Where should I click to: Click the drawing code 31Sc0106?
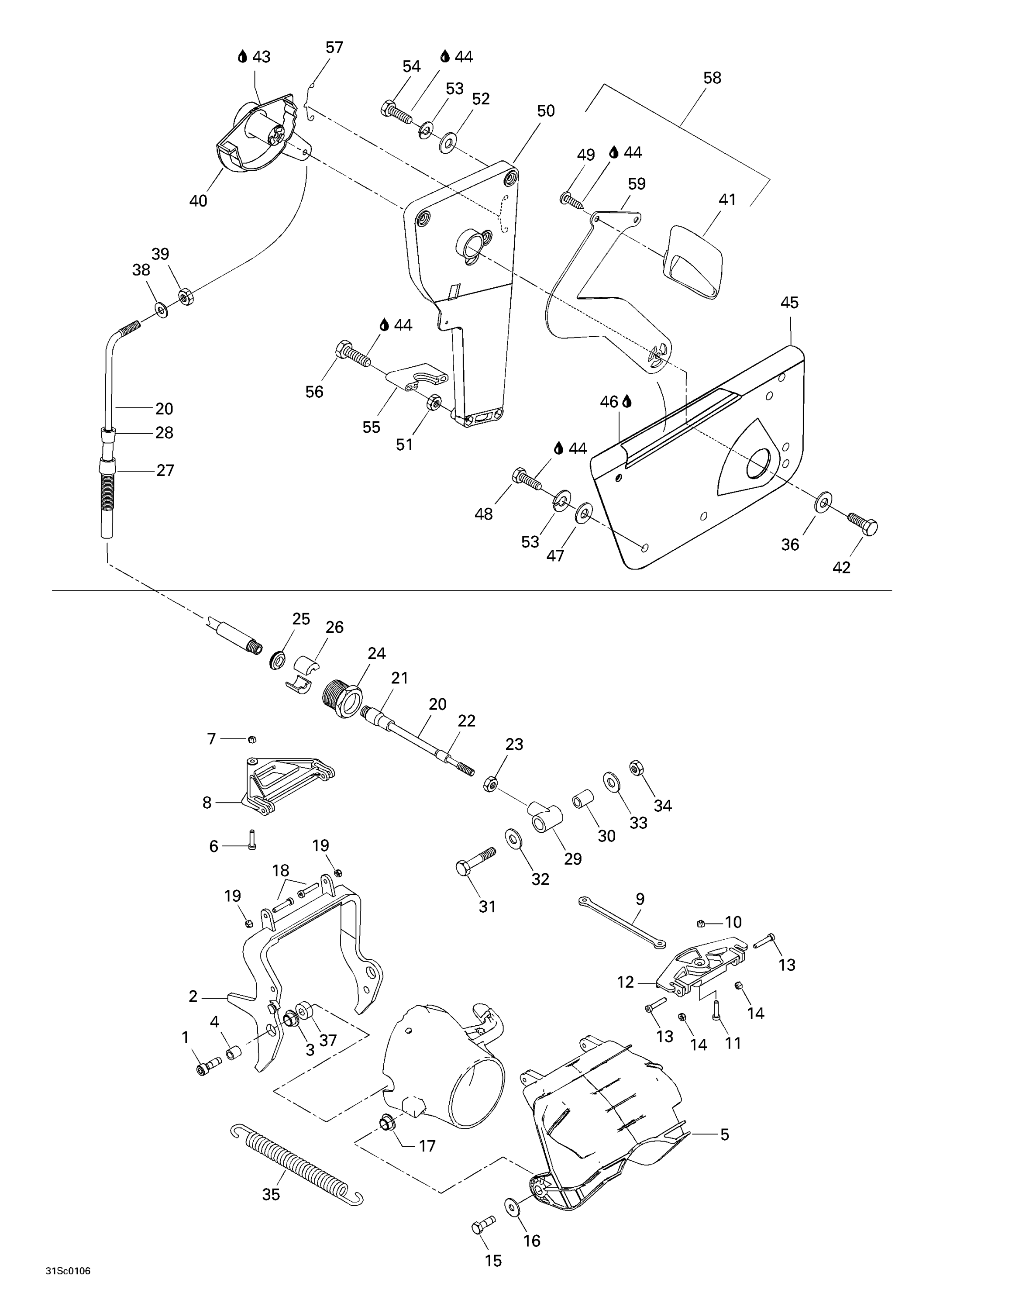click(x=68, y=1288)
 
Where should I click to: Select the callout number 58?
click(x=712, y=78)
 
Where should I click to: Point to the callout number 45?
click(x=790, y=303)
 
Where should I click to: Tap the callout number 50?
click(x=546, y=111)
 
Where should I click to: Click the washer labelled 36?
click(x=823, y=501)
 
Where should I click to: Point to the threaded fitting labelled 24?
click(x=342, y=699)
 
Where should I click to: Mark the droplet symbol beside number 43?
click(x=242, y=57)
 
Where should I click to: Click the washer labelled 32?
click(x=513, y=838)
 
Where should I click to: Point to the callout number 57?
click(x=334, y=48)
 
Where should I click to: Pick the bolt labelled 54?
click(x=396, y=111)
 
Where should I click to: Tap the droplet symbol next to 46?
click(x=627, y=401)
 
